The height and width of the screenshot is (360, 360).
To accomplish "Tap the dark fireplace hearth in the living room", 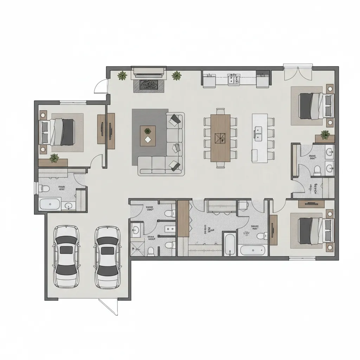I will tap(148, 85).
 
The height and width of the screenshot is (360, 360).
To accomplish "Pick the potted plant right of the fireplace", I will tap(176, 76).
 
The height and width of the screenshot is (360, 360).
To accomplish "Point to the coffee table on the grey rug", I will tap(148, 136).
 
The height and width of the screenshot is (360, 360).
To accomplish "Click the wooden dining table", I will tap(220, 138).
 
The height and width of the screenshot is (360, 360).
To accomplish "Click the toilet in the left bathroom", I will tap(45, 188).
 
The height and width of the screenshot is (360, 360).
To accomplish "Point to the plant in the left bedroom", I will tap(54, 158).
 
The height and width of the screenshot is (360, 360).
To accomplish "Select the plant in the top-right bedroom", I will tap(325, 134).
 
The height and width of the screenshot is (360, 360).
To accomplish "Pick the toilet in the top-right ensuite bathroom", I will tap(317, 170).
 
